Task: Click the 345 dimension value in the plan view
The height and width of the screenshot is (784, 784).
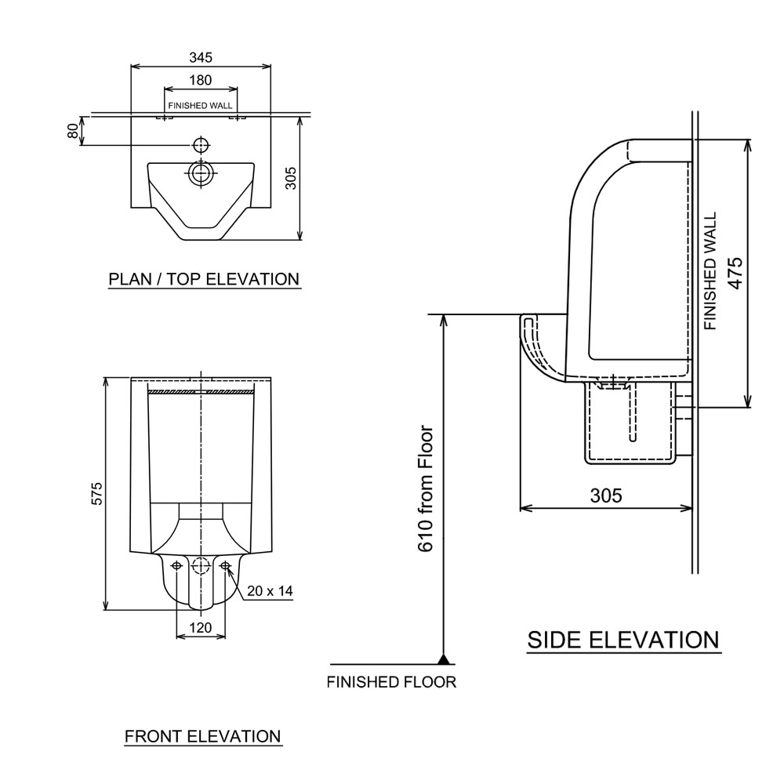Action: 201,57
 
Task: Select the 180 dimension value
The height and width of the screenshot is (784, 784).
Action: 201,80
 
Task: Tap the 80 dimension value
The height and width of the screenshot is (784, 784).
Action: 73,131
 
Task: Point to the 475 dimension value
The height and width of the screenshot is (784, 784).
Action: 735,272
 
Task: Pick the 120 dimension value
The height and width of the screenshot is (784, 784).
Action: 201,627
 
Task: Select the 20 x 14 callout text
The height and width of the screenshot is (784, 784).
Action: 269,591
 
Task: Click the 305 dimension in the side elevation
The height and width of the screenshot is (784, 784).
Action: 606,495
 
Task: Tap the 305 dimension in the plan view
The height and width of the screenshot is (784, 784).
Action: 290,180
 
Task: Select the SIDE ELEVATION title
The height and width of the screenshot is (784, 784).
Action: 622,640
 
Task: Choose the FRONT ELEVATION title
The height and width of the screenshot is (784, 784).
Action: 202,736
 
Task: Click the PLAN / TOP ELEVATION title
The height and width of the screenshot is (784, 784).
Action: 204,279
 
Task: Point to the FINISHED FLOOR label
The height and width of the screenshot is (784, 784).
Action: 391,681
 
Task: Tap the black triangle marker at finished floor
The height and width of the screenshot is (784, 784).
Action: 444,659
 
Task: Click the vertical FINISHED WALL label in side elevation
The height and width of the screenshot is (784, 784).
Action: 710,271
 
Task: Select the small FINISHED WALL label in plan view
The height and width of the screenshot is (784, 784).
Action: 199,105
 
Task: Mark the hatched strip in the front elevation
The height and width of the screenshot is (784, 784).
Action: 201,390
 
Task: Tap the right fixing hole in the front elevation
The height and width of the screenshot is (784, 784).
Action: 226,565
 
